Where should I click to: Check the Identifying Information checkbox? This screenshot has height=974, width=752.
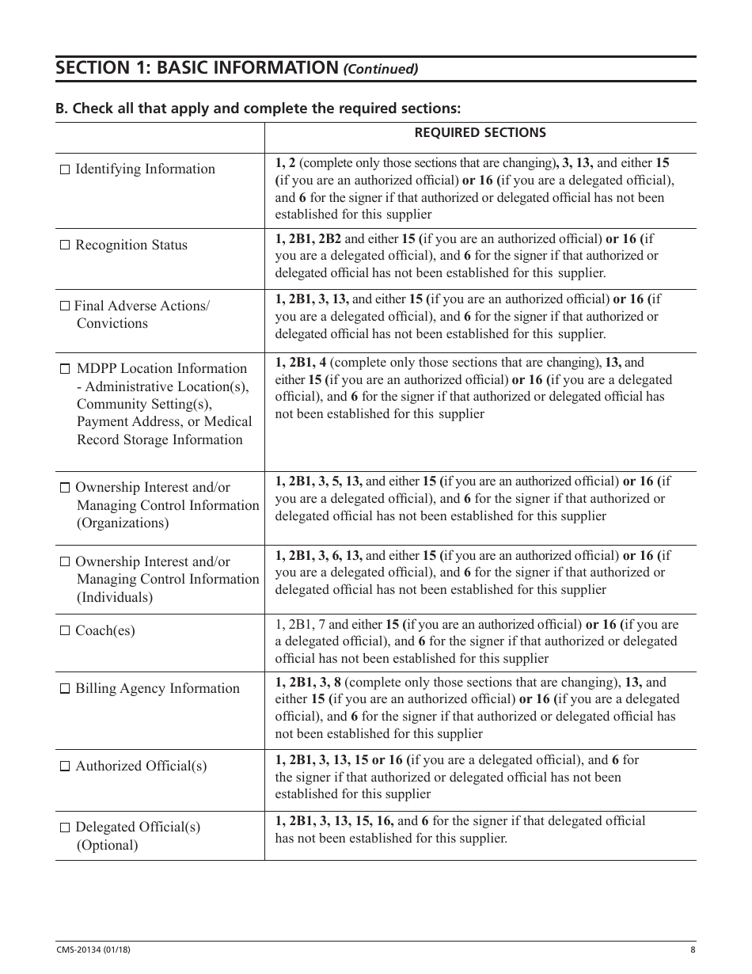point(65,169)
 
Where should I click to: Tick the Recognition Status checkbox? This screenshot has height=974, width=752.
point(65,245)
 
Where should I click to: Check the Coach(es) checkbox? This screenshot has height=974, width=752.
point(65,631)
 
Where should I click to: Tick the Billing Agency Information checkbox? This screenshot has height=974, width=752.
point(65,689)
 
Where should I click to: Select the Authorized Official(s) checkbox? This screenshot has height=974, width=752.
point(65,767)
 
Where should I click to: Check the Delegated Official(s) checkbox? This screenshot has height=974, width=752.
point(65,828)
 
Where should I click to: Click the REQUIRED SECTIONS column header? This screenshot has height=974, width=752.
point(480,133)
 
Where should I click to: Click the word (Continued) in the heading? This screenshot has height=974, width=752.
point(380,69)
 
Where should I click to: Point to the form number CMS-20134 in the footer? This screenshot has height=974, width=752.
point(81,950)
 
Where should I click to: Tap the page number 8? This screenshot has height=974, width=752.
point(692,950)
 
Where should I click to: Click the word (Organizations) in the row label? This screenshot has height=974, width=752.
point(123,523)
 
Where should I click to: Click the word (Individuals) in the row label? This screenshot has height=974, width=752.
point(115,597)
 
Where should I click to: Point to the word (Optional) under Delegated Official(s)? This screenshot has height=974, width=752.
point(107,845)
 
